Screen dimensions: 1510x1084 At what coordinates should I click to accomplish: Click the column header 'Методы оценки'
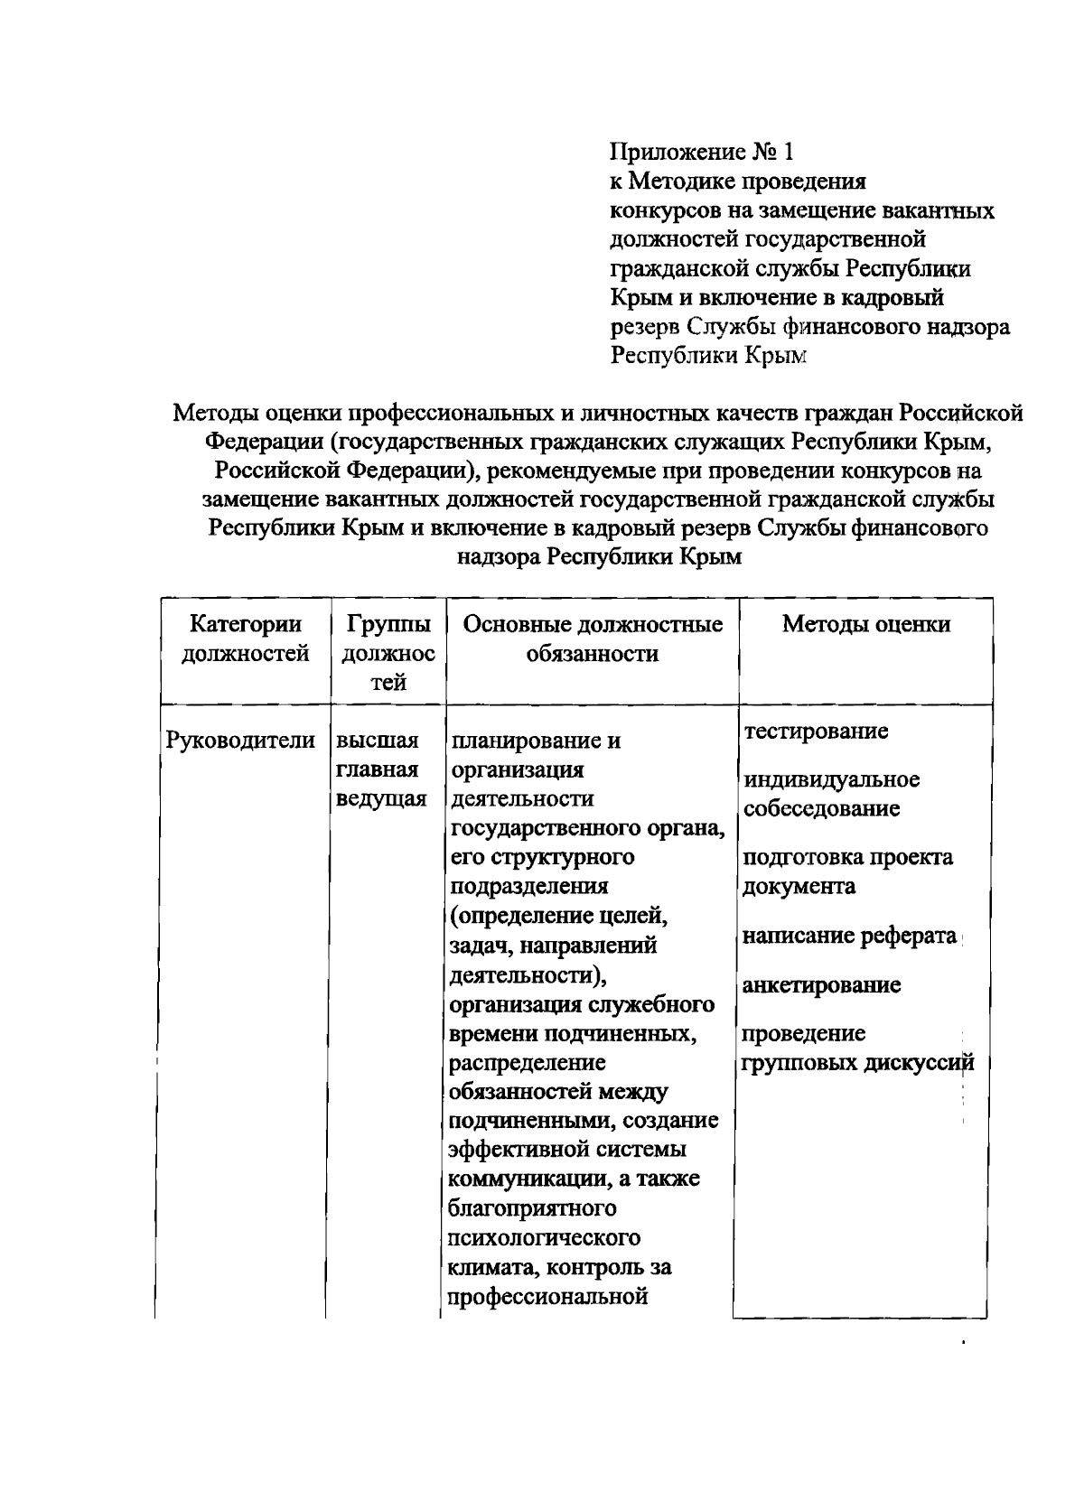tap(865, 624)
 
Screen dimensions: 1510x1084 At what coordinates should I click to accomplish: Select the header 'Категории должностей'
tap(245, 638)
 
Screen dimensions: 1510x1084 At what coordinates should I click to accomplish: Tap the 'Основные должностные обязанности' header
tap(593, 638)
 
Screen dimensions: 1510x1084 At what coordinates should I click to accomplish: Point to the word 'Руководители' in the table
tap(240, 741)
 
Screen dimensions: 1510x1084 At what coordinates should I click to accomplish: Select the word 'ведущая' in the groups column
tap(380, 799)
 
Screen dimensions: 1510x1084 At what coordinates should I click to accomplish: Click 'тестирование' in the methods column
tap(816, 731)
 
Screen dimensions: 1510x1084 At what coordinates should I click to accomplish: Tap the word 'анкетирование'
tap(821, 985)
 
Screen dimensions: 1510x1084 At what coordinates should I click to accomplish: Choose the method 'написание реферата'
tap(848, 937)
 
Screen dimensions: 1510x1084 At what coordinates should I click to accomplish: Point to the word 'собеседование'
tap(821, 808)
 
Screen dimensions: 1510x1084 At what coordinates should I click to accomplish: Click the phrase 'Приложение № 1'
tap(706, 152)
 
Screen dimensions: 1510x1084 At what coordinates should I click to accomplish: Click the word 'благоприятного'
tap(533, 1208)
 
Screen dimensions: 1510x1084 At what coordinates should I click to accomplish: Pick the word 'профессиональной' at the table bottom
tap(549, 1297)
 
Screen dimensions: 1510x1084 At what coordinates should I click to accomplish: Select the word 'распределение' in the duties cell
tap(528, 1063)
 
